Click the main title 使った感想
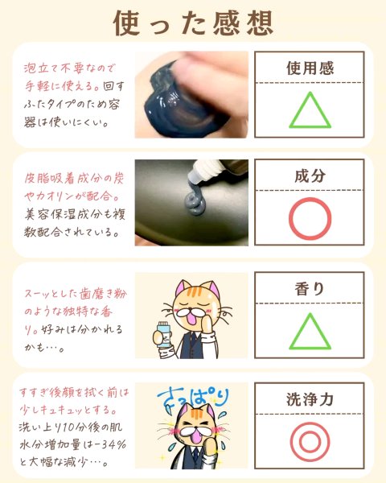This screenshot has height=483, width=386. (193, 23)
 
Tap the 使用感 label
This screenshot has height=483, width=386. (310, 68)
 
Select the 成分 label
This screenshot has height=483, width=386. (310, 175)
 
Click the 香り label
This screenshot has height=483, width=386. (310, 289)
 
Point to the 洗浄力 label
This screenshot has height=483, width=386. (310, 399)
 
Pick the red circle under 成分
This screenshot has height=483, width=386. (310, 198)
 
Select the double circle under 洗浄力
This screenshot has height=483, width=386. (310, 423)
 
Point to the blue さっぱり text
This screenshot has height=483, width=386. (193, 398)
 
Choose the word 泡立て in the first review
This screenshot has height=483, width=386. (42, 68)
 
